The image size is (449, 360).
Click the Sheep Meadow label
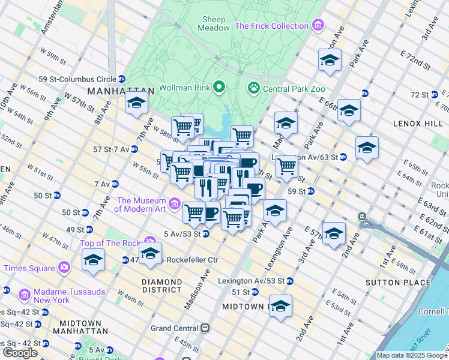click(x=214, y=23)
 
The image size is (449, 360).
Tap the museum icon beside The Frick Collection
click(x=318, y=26)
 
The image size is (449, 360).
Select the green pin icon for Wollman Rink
click(x=219, y=88)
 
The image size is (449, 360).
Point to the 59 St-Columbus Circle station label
click(x=77, y=79)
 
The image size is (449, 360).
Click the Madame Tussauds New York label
click(x=62, y=296)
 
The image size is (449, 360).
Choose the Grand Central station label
click(x=174, y=328)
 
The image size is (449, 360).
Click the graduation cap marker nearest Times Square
click(x=93, y=260)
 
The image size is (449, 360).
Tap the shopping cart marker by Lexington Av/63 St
click(x=287, y=166)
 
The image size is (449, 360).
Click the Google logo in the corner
click(x=20, y=353)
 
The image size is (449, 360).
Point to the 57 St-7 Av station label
click(x=112, y=149)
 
